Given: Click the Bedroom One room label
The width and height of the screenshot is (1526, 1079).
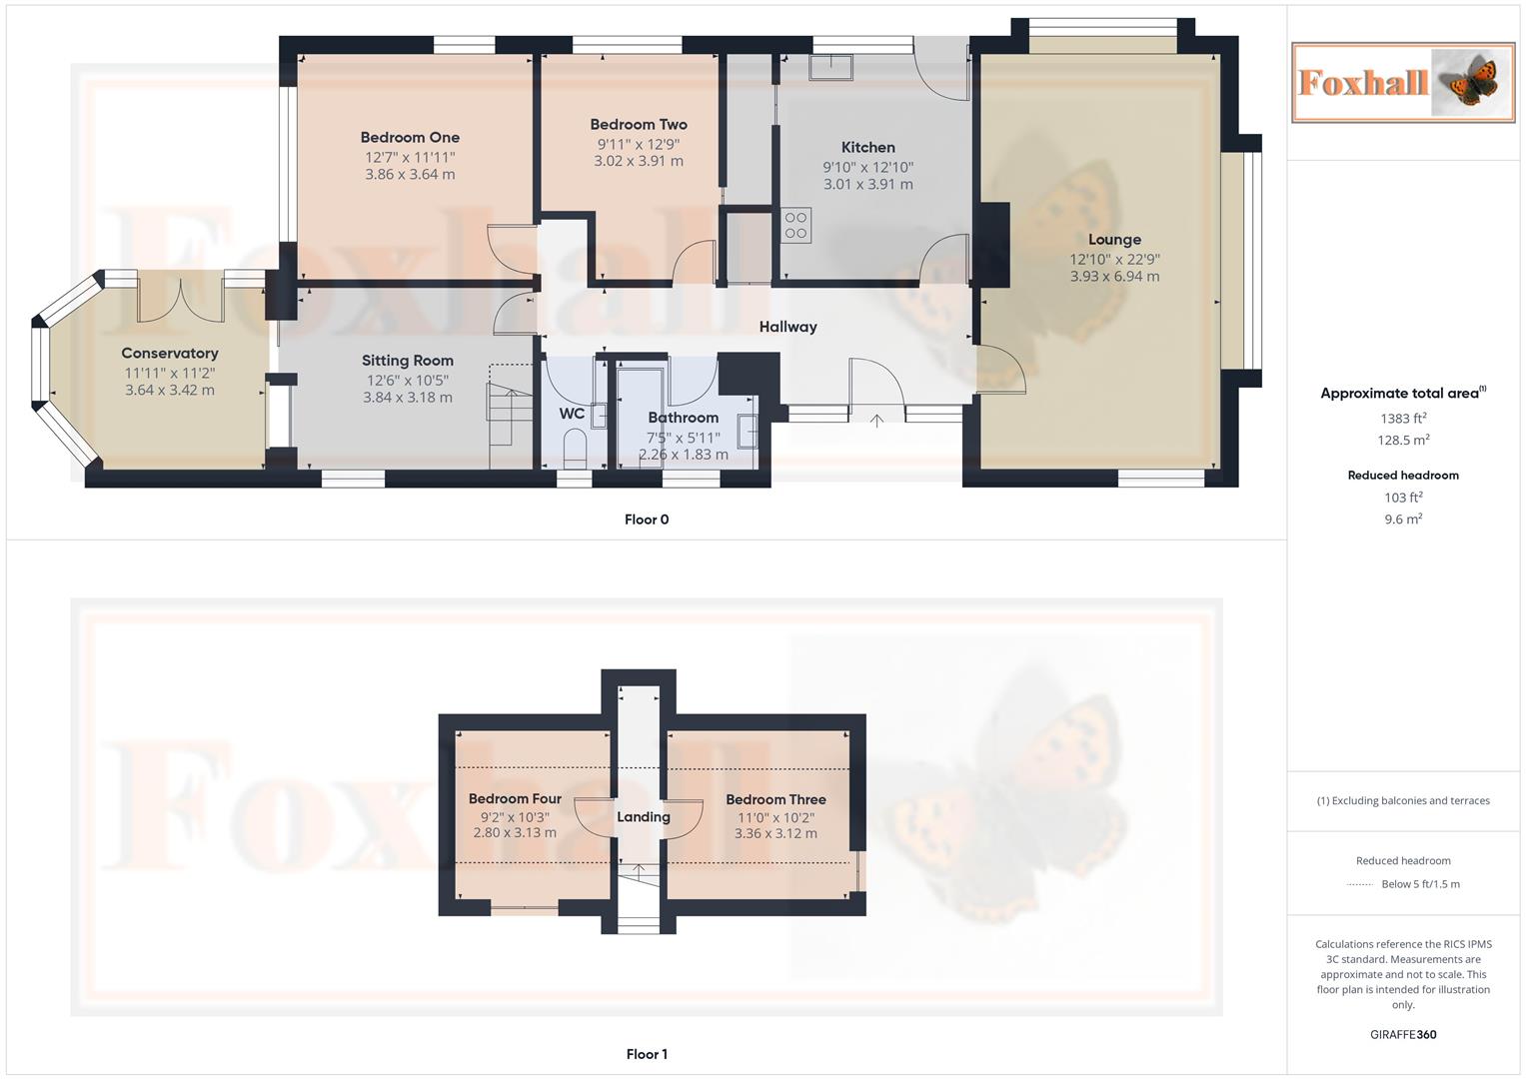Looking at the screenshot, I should (x=410, y=138).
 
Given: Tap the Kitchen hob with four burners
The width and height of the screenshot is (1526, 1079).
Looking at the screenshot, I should (x=796, y=226).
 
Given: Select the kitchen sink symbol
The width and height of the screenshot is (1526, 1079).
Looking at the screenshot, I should (x=830, y=67).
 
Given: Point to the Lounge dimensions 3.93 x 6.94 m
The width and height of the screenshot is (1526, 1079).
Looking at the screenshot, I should (x=1114, y=277).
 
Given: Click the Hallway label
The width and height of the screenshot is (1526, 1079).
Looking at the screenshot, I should (x=787, y=327).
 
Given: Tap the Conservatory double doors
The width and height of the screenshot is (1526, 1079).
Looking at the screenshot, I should (x=180, y=297).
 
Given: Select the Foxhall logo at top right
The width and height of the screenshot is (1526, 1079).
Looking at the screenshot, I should (x=1402, y=83).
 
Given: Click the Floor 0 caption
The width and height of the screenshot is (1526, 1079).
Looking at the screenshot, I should (x=647, y=520).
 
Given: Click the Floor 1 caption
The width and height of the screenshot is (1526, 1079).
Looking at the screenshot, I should (x=647, y=1054).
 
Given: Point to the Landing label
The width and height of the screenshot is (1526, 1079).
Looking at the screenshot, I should (x=643, y=817).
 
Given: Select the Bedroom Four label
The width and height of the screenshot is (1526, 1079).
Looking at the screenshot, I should (x=515, y=799).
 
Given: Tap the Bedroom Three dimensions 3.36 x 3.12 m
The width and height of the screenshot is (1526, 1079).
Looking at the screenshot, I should (x=775, y=833).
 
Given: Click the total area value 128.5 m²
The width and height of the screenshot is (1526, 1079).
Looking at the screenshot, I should (x=1402, y=441).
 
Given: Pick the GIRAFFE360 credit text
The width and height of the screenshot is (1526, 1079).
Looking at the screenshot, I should (x=1402, y=1035).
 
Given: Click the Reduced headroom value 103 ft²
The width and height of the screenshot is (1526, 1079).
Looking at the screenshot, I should (x=1402, y=498).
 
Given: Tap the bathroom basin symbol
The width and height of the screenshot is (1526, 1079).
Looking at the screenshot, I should (x=747, y=431).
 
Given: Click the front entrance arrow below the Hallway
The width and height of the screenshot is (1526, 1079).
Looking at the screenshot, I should (x=876, y=421).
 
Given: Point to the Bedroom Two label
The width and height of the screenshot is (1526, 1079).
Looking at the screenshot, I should (x=639, y=125).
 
